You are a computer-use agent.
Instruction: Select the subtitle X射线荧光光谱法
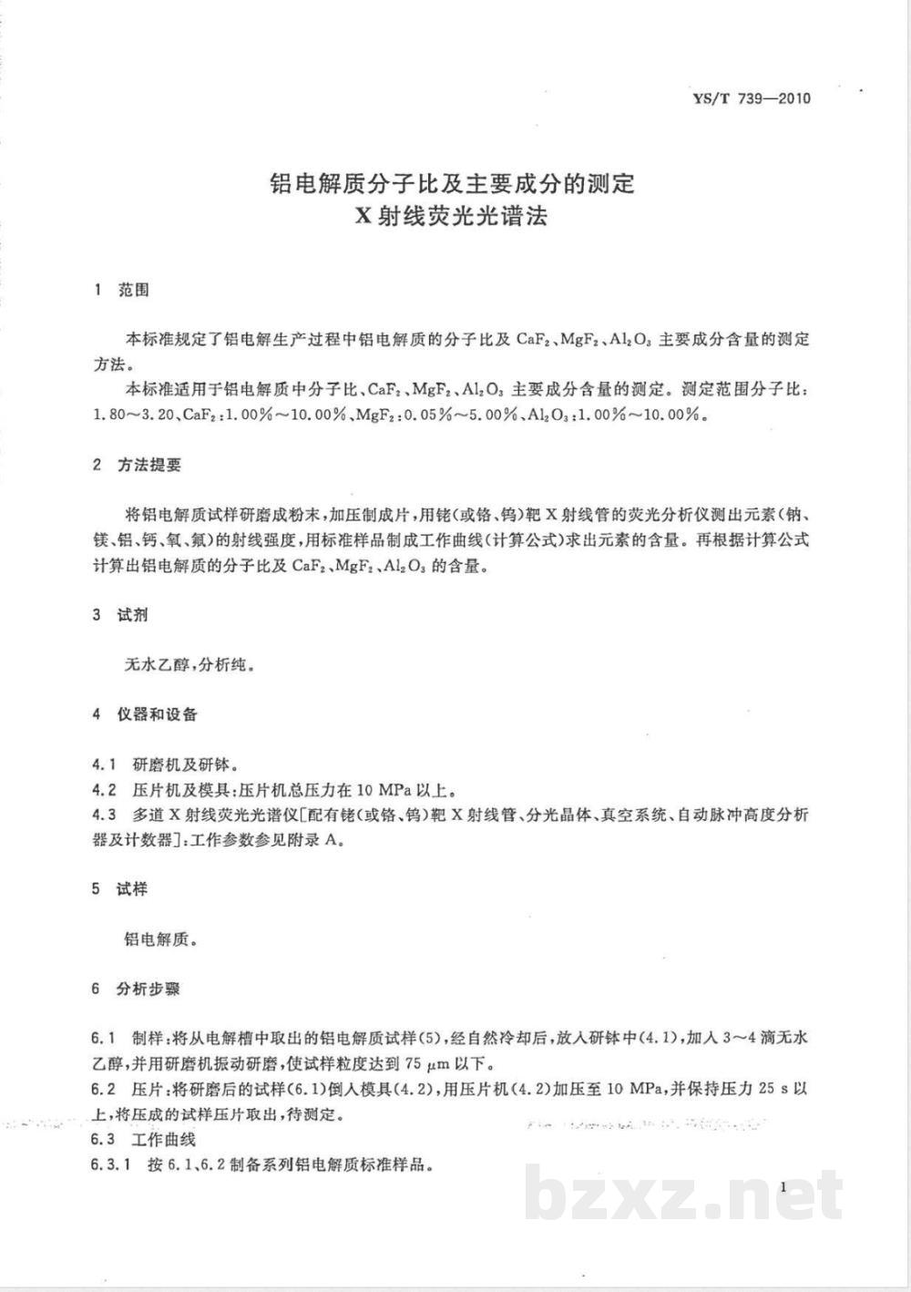tap(452, 217)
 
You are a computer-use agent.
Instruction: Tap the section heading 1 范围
tap(121, 291)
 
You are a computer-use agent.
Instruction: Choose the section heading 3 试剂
tap(121, 615)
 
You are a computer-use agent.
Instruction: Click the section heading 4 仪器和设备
tap(145, 714)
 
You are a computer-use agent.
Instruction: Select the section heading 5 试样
tap(121, 889)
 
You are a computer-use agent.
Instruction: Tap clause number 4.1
tap(105, 764)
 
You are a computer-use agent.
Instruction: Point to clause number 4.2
tap(105, 789)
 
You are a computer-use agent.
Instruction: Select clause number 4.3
tap(105, 815)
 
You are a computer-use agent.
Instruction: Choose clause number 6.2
tap(104, 1089)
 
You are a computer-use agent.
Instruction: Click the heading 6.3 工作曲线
tap(144, 1139)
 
